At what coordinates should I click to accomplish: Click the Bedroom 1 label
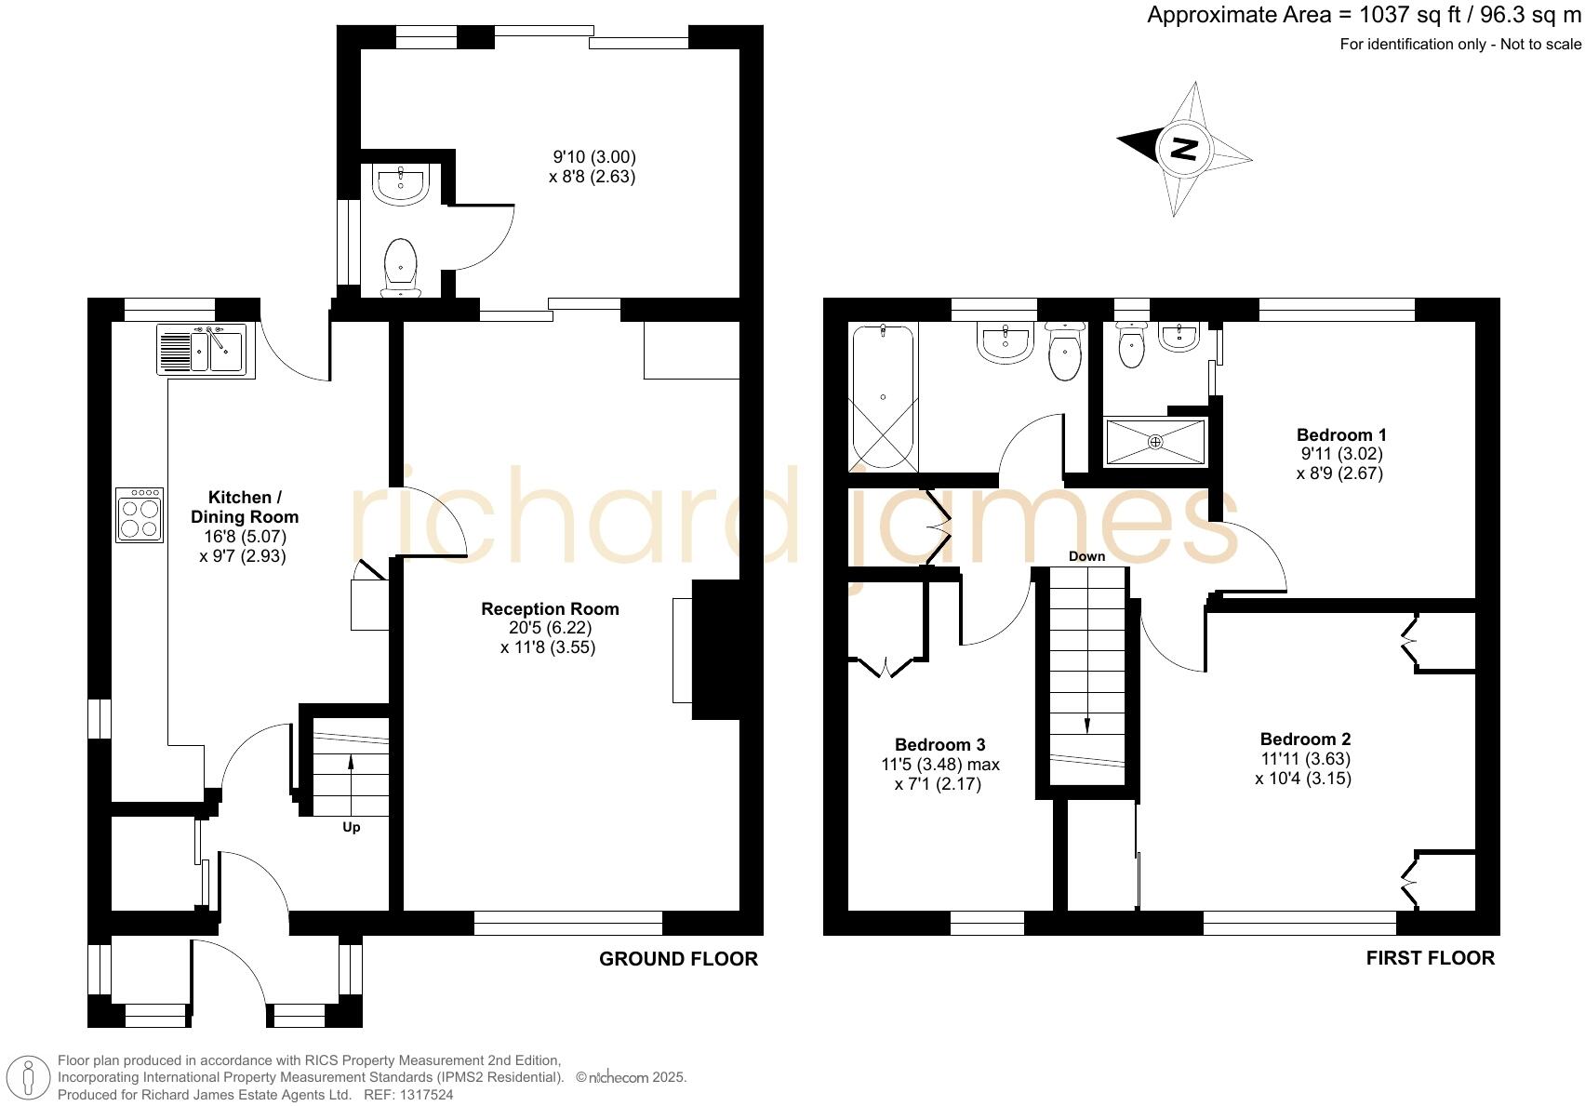tap(1340, 434)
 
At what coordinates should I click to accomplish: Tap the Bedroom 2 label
tap(1304, 740)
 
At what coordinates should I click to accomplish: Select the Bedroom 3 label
tap(939, 744)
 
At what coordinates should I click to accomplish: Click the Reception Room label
tap(550, 609)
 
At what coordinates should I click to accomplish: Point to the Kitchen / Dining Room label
tap(245, 507)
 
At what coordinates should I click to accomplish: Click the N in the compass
tap(1183, 148)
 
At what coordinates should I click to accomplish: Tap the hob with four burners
tap(140, 514)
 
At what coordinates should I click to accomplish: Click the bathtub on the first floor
tap(883, 396)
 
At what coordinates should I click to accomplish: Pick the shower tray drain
tap(1155, 442)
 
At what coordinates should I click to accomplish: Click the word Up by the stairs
tap(352, 827)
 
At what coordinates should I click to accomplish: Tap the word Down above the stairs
tap(1086, 556)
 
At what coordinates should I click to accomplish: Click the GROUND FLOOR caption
tap(678, 958)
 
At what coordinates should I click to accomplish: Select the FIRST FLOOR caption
tap(1430, 958)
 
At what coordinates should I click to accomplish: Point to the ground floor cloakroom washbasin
tap(401, 183)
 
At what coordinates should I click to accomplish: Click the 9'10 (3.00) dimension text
tap(594, 157)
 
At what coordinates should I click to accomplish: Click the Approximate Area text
tap(1364, 15)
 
